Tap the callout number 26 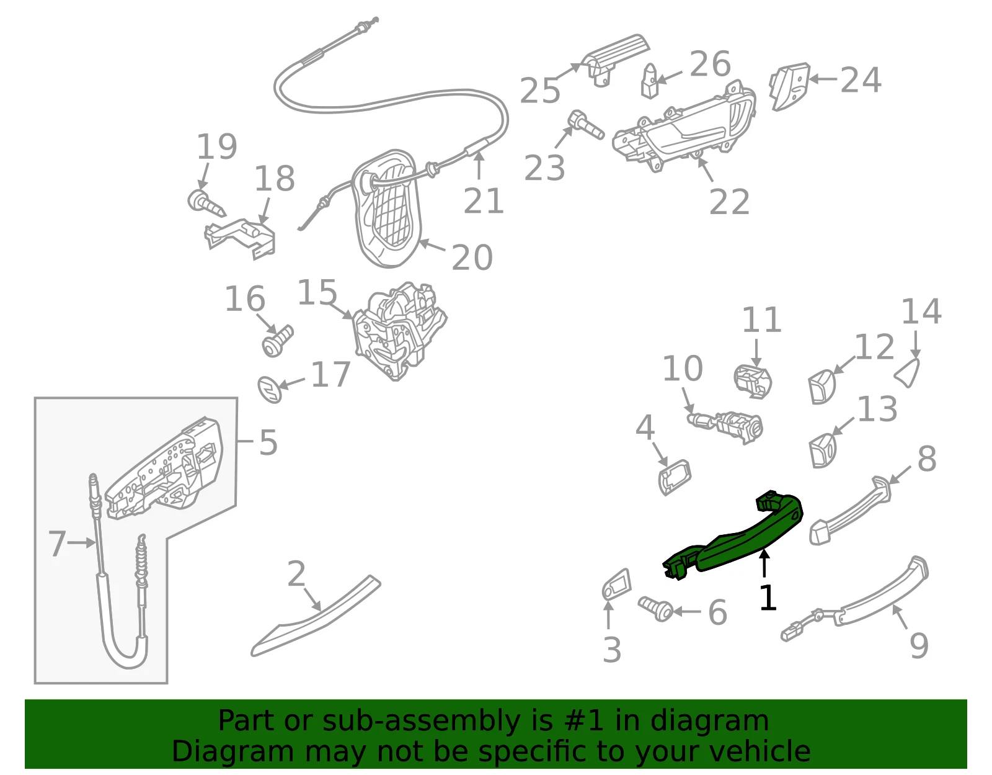click(x=710, y=64)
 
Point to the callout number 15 click(x=317, y=292)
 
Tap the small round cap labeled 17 click(x=270, y=390)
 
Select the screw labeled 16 click(x=278, y=340)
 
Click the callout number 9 click(x=919, y=646)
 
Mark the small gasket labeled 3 click(x=616, y=585)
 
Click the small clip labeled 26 click(x=650, y=81)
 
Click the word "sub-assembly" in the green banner click(x=422, y=720)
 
